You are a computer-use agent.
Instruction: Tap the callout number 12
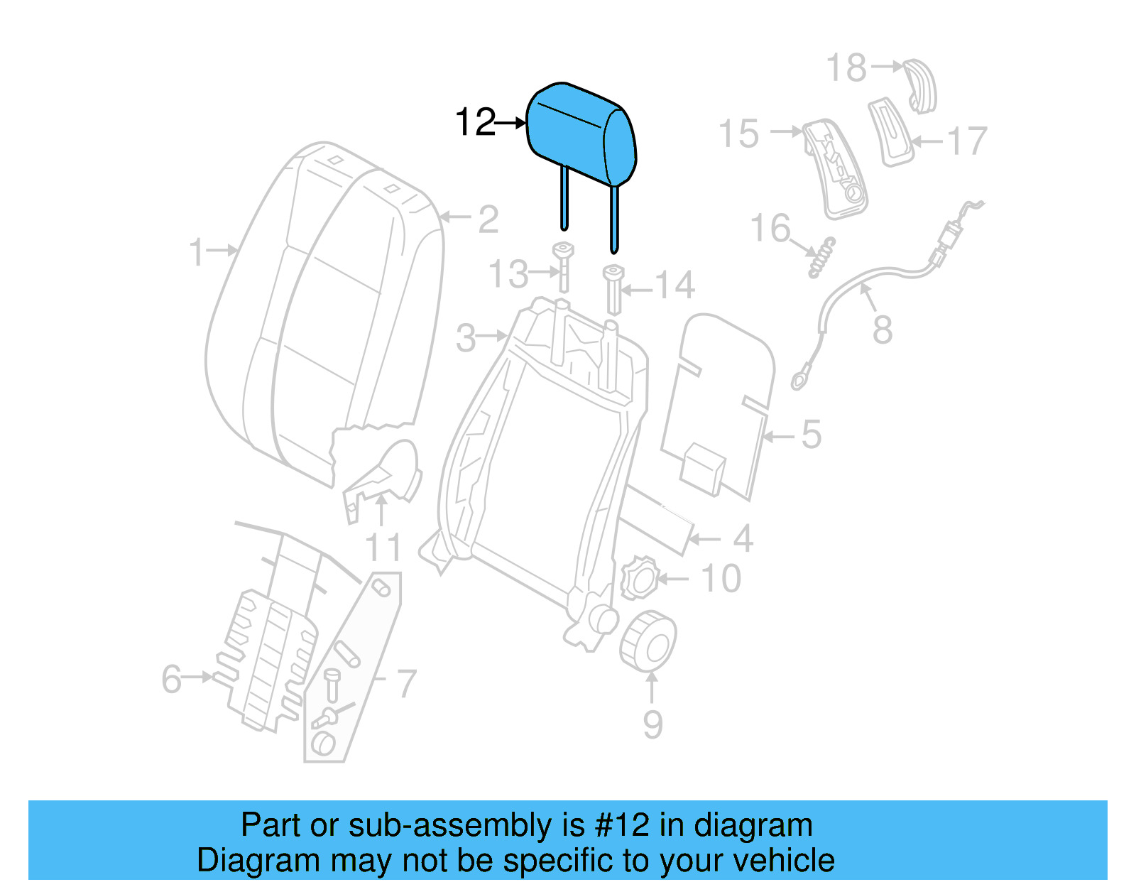(474, 123)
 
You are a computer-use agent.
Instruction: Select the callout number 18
(846, 68)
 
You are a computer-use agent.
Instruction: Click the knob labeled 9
(648, 640)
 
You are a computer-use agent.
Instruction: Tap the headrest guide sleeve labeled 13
(564, 266)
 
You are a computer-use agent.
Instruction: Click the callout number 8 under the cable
(882, 330)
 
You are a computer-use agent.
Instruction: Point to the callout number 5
(811, 435)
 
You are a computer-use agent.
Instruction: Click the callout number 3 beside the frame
(466, 338)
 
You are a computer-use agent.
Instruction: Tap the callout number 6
(172, 679)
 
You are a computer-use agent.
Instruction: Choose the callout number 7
(405, 683)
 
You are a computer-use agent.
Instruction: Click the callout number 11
(383, 548)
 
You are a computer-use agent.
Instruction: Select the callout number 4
(743, 538)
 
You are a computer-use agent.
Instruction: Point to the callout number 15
(738, 134)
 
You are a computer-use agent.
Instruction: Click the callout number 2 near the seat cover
(488, 219)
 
